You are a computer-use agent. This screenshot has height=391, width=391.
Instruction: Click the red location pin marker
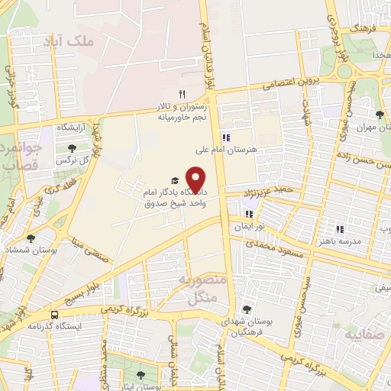(x=196, y=179)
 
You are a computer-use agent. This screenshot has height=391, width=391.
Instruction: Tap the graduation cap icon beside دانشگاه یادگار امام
(x=175, y=179)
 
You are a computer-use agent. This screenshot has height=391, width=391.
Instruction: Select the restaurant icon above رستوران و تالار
(x=181, y=93)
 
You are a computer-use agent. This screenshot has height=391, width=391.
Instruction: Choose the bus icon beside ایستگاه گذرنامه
(x=54, y=314)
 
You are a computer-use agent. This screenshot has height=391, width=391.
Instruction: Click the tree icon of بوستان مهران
(x=379, y=114)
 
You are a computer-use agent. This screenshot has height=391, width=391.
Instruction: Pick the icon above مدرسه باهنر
(x=340, y=228)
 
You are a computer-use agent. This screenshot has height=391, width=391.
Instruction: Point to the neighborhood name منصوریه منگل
(x=201, y=290)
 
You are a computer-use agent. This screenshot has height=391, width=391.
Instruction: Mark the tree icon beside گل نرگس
(x=72, y=149)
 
